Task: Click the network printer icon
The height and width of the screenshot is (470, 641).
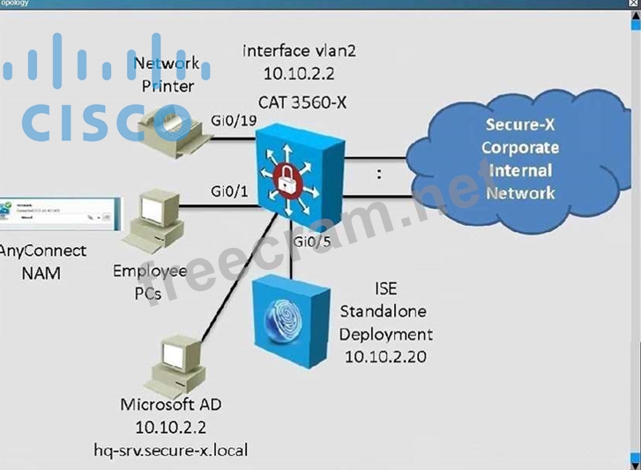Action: (170, 130)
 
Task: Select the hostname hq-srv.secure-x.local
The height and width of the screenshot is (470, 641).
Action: (171, 450)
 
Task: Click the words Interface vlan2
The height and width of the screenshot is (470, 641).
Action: (301, 51)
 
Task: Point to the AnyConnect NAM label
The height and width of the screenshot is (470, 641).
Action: (41, 262)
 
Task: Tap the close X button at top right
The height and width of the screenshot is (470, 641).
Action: (629, 4)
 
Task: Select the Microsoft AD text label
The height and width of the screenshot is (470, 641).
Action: (171, 405)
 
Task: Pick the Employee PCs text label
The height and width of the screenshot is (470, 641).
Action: (149, 282)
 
